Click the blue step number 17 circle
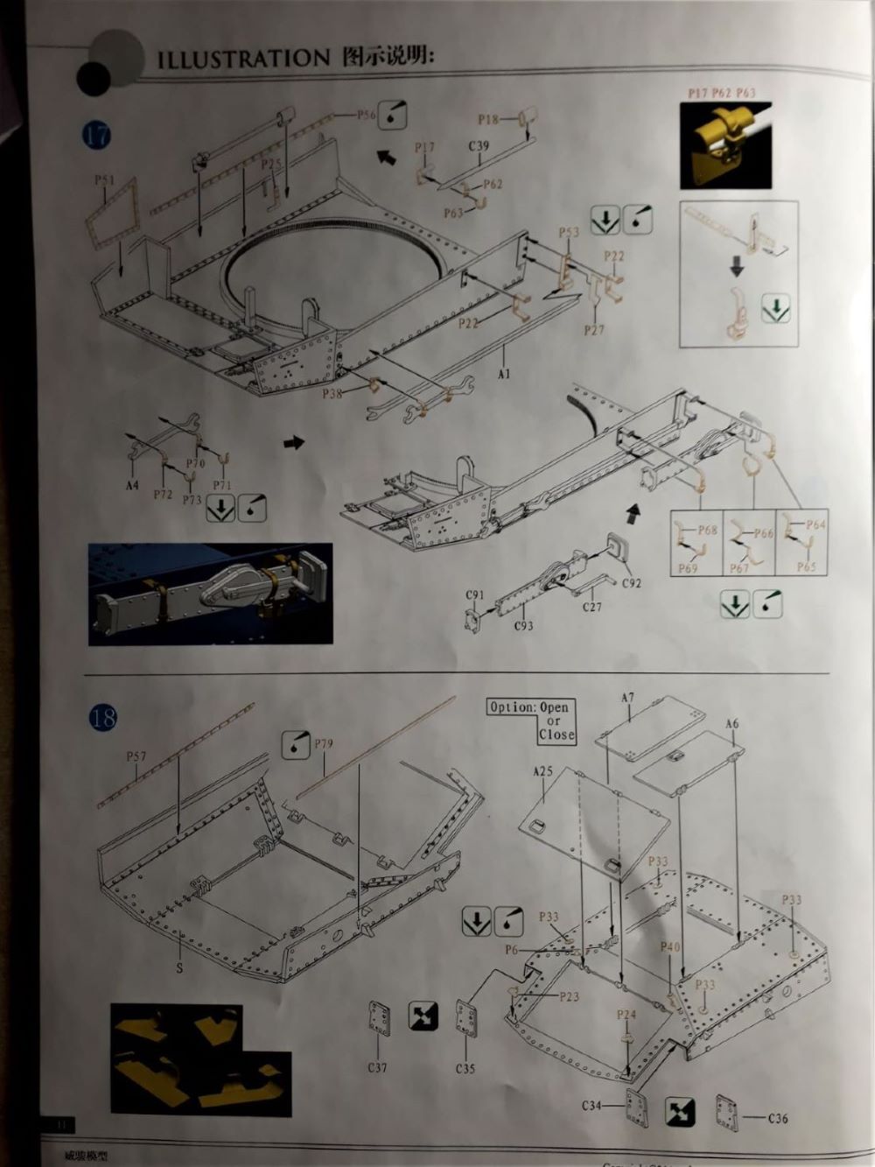coord(97,136)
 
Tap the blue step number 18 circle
coord(101,718)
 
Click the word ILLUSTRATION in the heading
coord(243,59)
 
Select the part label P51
coord(104,180)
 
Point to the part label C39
coord(479,146)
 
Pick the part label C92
coord(631,582)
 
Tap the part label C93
coord(522,626)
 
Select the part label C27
coord(591,607)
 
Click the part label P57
coord(136,756)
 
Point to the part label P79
coord(323,745)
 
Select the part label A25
coord(542,771)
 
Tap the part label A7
coord(627,698)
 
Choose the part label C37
coord(377,1067)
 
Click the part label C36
coord(778,1118)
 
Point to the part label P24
coord(626,1016)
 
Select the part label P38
coord(332,393)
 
